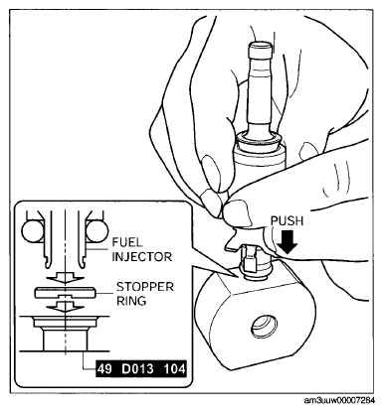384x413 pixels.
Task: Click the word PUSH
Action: coord(287,221)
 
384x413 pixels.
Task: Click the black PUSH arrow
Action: coord(288,242)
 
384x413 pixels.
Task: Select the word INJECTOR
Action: coord(142,257)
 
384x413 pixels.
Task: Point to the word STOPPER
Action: coord(145,287)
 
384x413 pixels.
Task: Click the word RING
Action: coord(131,301)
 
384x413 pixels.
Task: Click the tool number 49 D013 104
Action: coord(141,368)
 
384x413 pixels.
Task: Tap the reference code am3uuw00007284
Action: coord(339,401)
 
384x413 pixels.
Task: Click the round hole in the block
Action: coord(265,327)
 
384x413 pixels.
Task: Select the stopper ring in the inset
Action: coord(65,293)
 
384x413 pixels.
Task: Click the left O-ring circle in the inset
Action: coord(33,231)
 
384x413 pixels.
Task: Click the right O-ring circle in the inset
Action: coord(96,231)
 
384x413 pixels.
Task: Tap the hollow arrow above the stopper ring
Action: coord(65,277)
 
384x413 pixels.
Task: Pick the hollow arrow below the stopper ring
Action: coord(65,307)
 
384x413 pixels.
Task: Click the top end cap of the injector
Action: coord(260,49)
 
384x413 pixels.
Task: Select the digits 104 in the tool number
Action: coord(175,368)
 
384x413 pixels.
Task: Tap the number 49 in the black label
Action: coord(104,368)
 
